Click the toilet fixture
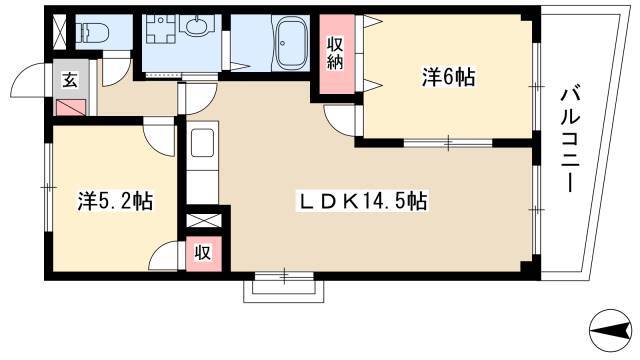click(x=93, y=32)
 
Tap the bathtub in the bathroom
click(x=291, y=43)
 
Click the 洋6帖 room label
click(x=448, y=77)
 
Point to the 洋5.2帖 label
click(x=116, y=201)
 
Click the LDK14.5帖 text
click(x=363, y=201)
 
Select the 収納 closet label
click(x=335, y=53)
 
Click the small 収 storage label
click(x=202, y=253)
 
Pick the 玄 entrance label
click(x=70, y=80)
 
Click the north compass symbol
click(x=611, y=330)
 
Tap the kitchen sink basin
click(x=202, y=143)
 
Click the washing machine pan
click(x=161, y=29)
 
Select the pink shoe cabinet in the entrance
click(x=70, y=107)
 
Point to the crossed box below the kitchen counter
click(x=204, y=220)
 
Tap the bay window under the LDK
click(x=284, y=288)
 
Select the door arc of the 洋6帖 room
click(x=340, y=120)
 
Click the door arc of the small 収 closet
click(x=164, y=255)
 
